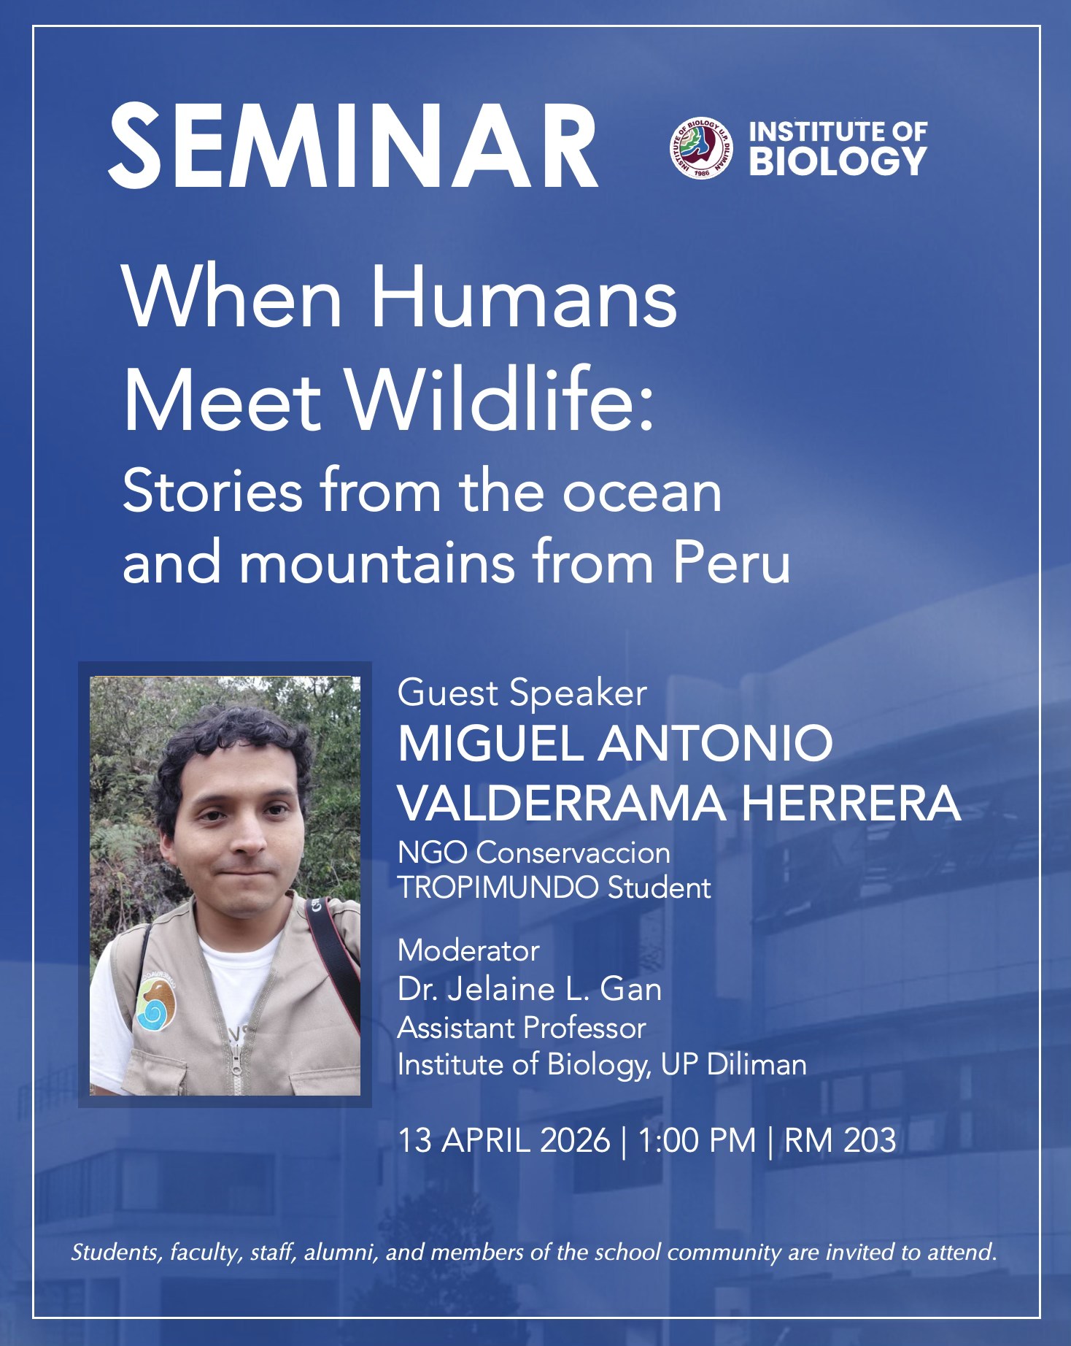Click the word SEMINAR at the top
click(353, 146)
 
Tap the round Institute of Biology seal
click(700, 149)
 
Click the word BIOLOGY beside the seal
click(838, 162)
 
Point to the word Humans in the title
click(524, 298)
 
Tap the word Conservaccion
click(573, 853)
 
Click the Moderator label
click(468, 950)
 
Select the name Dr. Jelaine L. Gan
click(530, 990)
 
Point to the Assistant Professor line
click(522, 1028)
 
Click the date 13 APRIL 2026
click(504, 1141)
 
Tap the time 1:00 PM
click(697, 1141)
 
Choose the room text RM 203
click(840, 1141)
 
